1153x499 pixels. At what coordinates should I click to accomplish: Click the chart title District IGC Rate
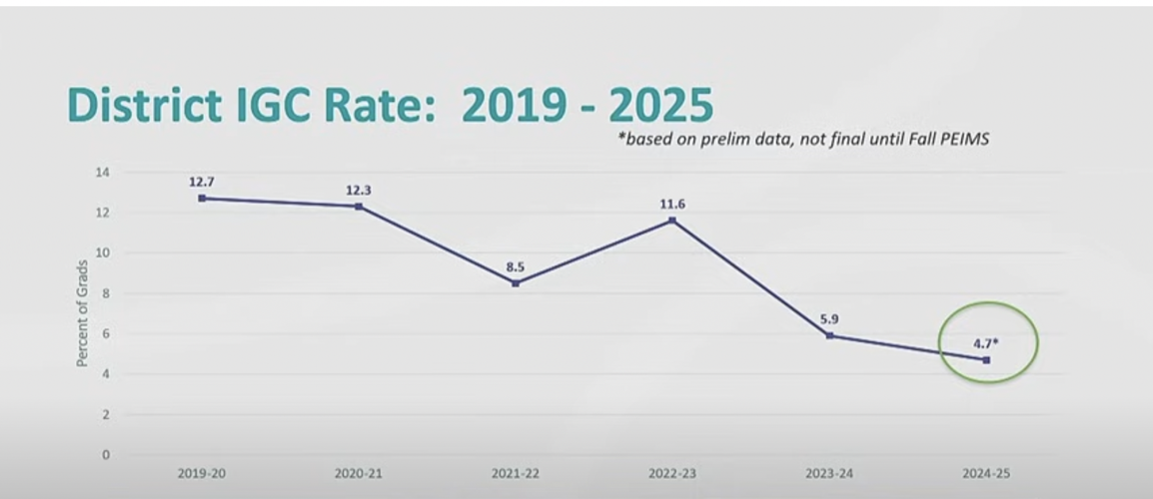point(390,105)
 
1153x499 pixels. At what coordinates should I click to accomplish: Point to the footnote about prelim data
point(803,139)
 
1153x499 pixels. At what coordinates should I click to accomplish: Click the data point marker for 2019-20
point(202,199)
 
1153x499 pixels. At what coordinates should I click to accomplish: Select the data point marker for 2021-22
point(516,283)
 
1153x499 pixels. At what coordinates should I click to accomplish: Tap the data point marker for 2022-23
point(672,221)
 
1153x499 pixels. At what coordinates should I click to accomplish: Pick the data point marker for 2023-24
point(829,335)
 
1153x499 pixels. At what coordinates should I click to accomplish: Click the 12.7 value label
point(202,182)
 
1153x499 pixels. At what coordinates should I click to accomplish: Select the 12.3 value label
point(359,190)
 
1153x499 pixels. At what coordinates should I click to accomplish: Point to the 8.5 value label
point(516,266)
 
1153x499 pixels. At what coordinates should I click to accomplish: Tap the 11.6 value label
point(672,204)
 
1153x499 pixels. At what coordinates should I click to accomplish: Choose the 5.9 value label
point(829,319)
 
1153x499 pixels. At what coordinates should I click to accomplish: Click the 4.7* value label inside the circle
point(987,343)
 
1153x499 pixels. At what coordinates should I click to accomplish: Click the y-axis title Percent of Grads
point(82,312)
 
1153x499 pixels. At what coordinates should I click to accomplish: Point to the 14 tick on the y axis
point(103,173)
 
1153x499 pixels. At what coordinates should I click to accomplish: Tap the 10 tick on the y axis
point(103,252)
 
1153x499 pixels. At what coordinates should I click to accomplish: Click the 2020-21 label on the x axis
point(359,474)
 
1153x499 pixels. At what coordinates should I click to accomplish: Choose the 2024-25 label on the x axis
point(987,474)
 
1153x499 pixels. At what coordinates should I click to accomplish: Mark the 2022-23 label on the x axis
point(672,474)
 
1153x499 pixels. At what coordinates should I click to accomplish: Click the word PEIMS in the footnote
point(964,139)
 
